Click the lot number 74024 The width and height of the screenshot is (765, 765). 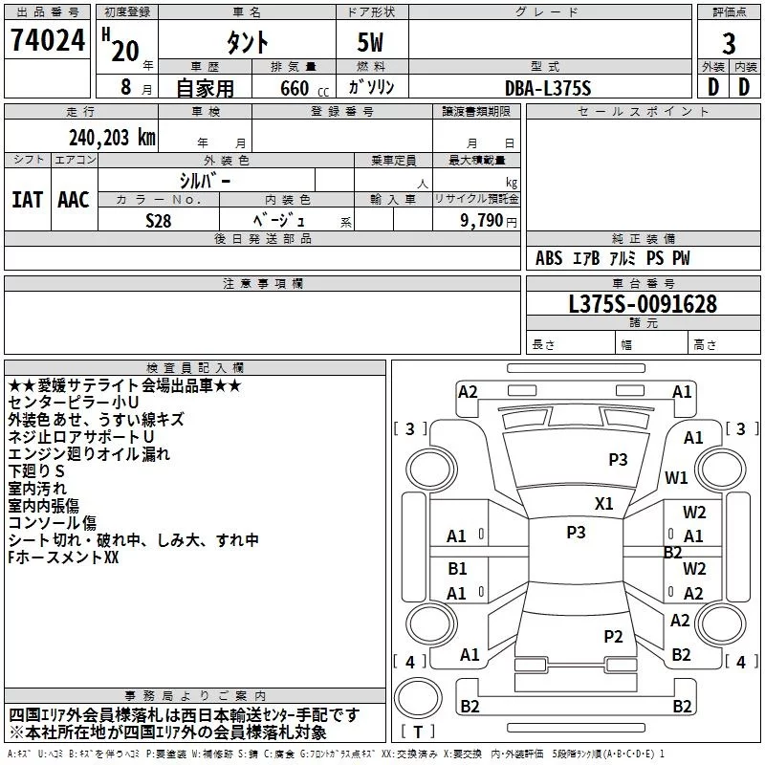click(48, 40)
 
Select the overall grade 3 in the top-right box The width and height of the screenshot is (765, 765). click(729, 44)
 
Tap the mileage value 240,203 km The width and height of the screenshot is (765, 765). click(112, 138)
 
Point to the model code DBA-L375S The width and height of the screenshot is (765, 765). click(548, 88)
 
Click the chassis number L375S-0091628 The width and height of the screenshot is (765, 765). click(643, 304)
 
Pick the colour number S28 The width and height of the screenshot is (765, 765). click(159, 221)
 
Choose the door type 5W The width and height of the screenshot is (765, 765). click(370, 42)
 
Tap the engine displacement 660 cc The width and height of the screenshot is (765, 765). click(304, 88)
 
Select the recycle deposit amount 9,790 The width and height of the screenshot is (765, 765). click(482, 221)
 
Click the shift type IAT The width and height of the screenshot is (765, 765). click(28, 200)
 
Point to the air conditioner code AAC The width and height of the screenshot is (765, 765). click(74, 200)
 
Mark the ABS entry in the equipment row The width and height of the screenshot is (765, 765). click(549, 258)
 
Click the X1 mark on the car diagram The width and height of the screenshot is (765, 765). click(604, 504)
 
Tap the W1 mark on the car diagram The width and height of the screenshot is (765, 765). click(676, 477)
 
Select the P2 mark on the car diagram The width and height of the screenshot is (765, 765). click(613, 636)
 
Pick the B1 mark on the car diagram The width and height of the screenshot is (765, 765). click(458, 568)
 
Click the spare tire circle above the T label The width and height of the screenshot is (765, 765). click(418, 697)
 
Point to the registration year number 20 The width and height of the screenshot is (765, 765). click(125, 51)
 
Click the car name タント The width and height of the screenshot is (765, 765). click(248, 42)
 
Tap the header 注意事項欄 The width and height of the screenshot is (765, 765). click(263, 283)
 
